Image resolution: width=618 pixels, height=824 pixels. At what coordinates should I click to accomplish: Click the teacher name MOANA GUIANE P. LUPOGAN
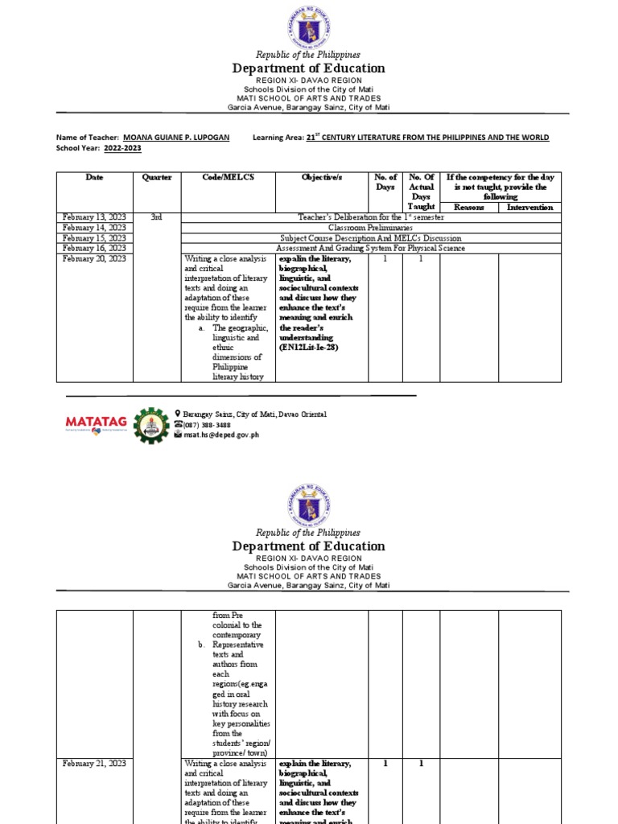[176, 138]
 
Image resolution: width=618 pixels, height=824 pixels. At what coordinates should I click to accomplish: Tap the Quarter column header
[157, 177]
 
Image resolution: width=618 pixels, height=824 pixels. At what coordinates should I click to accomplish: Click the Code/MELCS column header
[229, 177]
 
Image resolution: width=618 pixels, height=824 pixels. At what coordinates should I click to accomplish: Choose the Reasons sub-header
[469, 207]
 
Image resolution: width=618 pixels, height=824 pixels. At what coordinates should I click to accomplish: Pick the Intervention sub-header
[529, 207]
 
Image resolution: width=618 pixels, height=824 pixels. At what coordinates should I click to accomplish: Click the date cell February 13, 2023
[94, 217]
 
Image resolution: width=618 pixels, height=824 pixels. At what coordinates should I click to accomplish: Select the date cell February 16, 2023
[94, 249]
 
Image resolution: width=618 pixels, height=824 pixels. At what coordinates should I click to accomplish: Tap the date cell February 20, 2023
[94, 259]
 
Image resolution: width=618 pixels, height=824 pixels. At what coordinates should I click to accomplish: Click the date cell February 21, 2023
[94, 763]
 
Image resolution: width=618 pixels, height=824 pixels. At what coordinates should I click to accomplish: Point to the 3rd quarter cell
[157, 217]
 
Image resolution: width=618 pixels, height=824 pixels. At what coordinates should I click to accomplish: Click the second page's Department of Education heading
[308, 546]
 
